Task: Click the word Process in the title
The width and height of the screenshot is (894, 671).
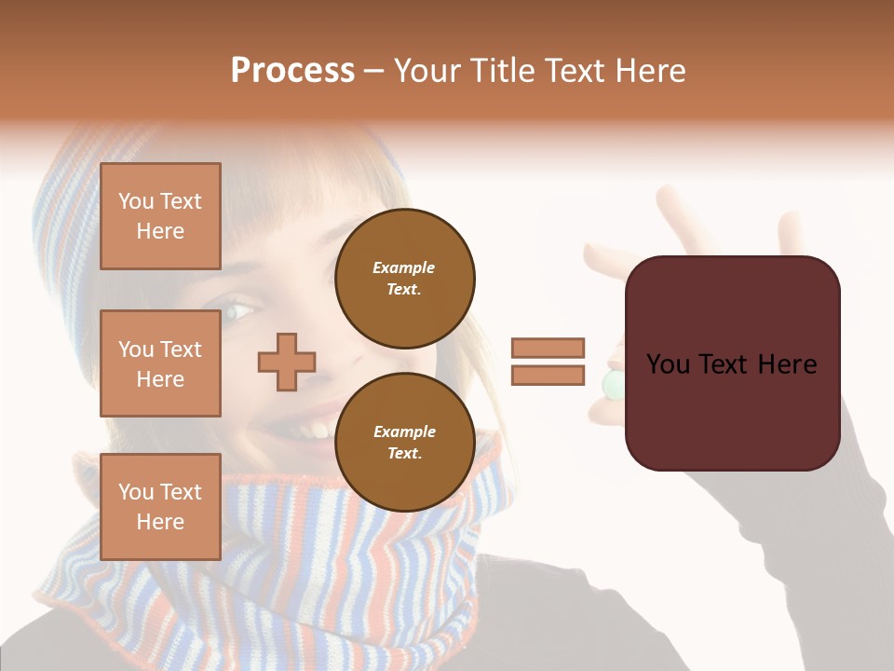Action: [x=292, y=71]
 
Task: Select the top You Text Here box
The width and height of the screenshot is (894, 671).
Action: [x=160, y=216]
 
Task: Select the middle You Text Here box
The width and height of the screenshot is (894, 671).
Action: [x=160, y=363]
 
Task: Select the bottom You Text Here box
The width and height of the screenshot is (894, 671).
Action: [x=160, y=507]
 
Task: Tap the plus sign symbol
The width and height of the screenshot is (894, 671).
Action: [x=287, y=362]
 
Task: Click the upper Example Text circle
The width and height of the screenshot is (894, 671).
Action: [x=404, y=278]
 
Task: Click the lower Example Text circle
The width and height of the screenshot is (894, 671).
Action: [x=404, y=442]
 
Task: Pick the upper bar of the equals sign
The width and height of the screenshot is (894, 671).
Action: [x=548, y=348]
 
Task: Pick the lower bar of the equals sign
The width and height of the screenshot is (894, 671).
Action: [x=548, y=376]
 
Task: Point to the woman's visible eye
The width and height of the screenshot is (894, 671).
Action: [x=239, y=309]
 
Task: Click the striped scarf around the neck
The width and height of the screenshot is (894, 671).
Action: [x=279, y=559]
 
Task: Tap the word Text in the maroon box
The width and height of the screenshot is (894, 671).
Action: [x=732, y=364]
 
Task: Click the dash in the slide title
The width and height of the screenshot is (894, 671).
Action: [x=374, y=71]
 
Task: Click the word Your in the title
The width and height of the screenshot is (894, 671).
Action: [x=427, y=71]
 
